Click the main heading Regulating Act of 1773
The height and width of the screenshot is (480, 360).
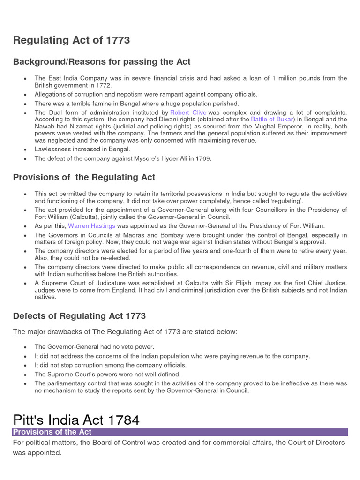[72, 41]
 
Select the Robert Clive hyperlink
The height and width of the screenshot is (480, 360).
[188, 113]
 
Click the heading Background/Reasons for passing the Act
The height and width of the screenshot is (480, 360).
[102, 62]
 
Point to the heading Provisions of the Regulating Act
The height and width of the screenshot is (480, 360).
[84, 177]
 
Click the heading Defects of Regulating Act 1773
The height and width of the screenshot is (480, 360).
[80, 316]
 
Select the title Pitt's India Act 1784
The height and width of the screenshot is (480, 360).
[76, 420]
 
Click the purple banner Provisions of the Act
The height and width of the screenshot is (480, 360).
[52, 432]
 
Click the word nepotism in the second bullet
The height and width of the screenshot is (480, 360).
[118, 94]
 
